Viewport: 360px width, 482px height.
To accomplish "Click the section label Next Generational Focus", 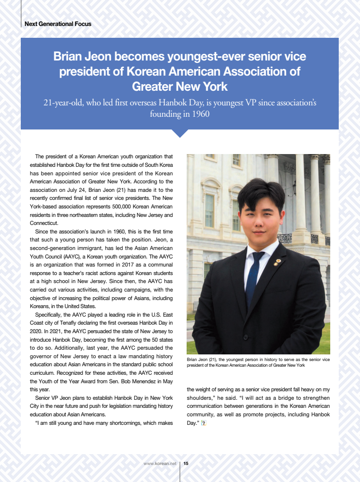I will pyautogui.click(x=58, y=24).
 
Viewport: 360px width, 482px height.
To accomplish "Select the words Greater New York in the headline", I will pyautogui.click(x=180, y=87).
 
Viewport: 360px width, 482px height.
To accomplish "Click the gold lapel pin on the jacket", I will pyautogui.click(x=278, y=261).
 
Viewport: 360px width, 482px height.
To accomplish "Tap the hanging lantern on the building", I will pyautogui.click(x=294, y=188).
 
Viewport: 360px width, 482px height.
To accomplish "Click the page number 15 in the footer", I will pyautogui.click(x=186, y=464).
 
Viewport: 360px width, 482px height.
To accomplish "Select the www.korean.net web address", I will pyautogui.click(x=160, y=464).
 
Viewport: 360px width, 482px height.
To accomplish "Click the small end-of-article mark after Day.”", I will pyautogui.click(x=204, y=423).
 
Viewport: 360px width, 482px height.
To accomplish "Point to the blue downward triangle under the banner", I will pyautogui.click(x=180, y=133).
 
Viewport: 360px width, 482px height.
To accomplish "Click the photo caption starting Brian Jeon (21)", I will pyautogui.click(x=258, y=362).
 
